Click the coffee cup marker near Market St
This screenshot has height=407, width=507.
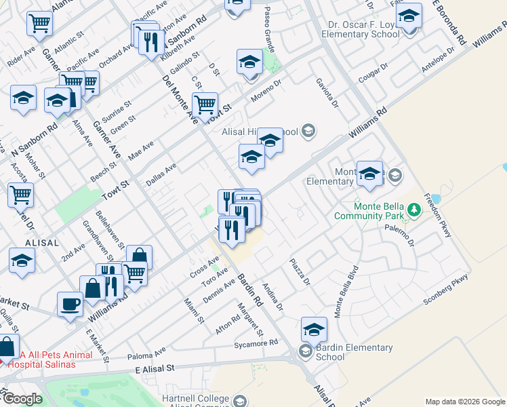70,303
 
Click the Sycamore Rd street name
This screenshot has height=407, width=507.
255,344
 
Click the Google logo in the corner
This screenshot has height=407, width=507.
22,399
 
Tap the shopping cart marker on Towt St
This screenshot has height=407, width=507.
204,104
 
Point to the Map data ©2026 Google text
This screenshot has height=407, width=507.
465,401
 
